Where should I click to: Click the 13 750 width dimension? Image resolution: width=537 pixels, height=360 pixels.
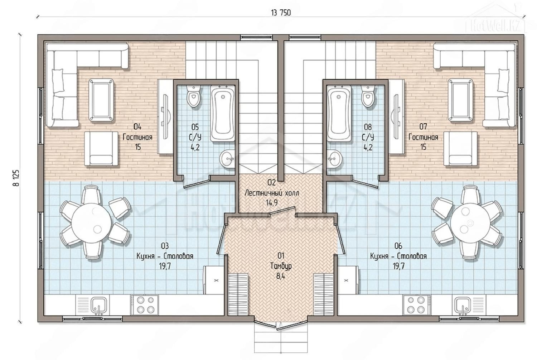(x=281, y=13)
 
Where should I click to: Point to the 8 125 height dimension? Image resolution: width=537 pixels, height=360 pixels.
(x=16, y=178)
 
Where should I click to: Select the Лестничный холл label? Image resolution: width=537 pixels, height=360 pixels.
(x=272, y=193)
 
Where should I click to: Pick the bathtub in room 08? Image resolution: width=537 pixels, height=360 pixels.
(x=339, y=113)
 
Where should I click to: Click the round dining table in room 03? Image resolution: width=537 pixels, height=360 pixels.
(x=91, y=223)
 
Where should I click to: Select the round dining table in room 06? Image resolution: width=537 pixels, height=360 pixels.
(x=470, y=223)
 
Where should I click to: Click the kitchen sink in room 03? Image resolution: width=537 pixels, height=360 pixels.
(x=98, y=305)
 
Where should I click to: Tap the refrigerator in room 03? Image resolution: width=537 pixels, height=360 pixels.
(x=214, y=280)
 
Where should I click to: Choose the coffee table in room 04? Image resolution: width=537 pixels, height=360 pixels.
(x=101, y=100)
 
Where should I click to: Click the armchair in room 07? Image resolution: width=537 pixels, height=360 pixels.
(x=460, y=148)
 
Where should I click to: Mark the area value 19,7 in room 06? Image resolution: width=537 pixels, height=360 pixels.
(x=398, y=266)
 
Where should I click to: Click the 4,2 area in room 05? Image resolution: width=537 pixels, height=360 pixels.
(x=195, y=147)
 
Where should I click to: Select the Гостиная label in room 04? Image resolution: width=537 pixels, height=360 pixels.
(x=137, y=137)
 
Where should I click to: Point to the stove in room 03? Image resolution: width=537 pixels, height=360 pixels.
(x=144, y=305)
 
